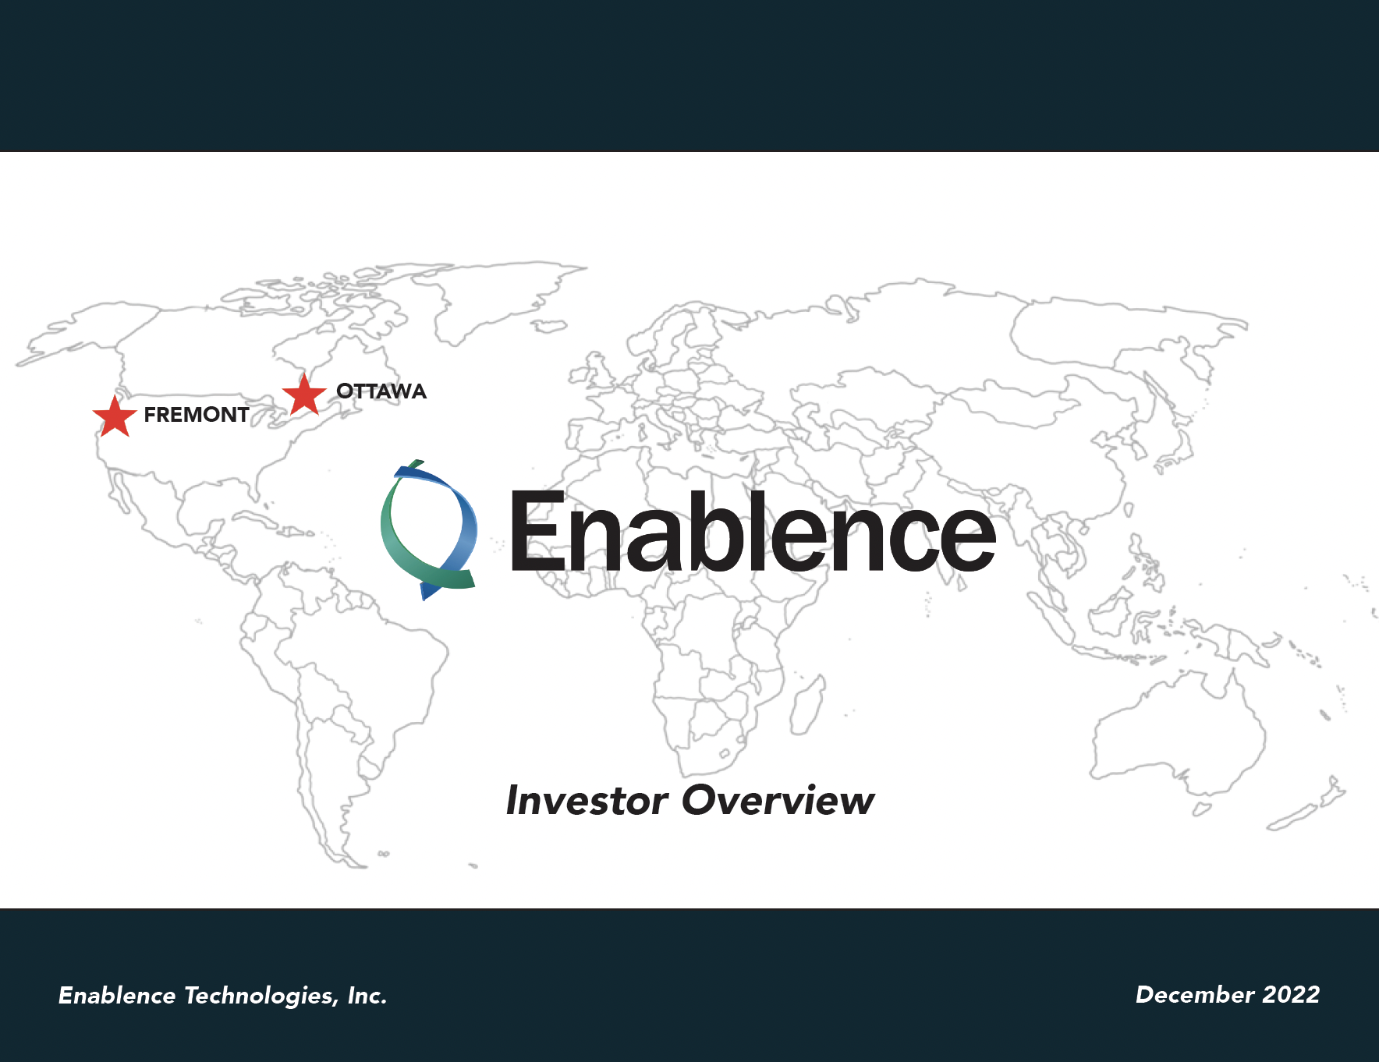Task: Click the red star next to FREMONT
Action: [x=115, y=416]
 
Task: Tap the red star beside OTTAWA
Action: [x=304, y=395]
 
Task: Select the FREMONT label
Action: [x=197, y=415]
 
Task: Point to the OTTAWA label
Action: [x=381, y=391]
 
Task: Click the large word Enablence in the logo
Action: [x=753, y=532]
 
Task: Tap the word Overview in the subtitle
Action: [x=778, y=801]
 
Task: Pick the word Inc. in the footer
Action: [x=367, y=996]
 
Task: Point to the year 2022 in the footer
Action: [x=1291, y=995]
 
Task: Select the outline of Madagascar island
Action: [x=807, y=706]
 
